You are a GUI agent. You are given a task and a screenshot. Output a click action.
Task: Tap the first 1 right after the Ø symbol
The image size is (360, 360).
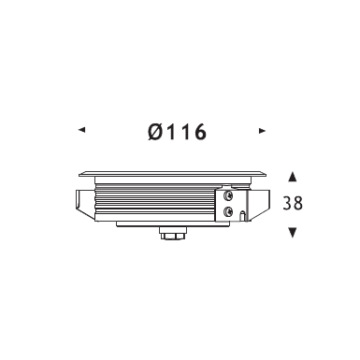click(x=171, y=132)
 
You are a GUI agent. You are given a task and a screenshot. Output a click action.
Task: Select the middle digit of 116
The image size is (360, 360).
click(x=184, y=132)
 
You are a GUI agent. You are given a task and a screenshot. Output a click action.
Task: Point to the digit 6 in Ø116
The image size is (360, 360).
click(x=200, y=132)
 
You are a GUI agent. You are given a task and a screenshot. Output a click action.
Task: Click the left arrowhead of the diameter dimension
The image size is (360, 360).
click(x=81, y=129)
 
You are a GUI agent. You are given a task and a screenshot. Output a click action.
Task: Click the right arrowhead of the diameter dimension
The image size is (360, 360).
click(x=262, y=131)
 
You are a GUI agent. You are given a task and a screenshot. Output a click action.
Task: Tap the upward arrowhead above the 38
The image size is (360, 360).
click(x=293, y=177)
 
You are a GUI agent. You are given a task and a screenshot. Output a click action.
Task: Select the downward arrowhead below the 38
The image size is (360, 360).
click(x=293, y=233)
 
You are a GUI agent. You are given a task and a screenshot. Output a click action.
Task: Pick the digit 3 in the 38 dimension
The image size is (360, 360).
click(x=287, y=203)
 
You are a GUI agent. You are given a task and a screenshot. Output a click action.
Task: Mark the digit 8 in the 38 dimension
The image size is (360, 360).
click(x=297, y=203)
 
